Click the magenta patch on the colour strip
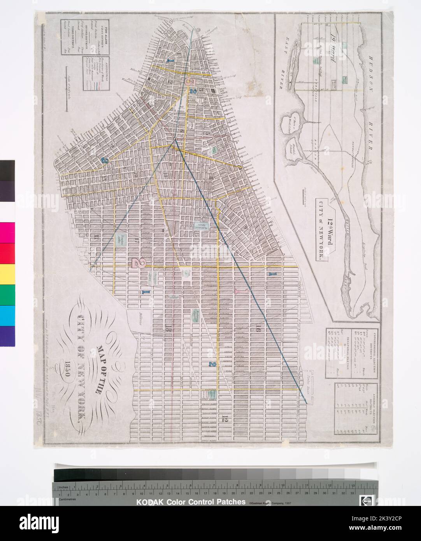coord(7,233)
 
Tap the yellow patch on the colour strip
coord(7,274)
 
